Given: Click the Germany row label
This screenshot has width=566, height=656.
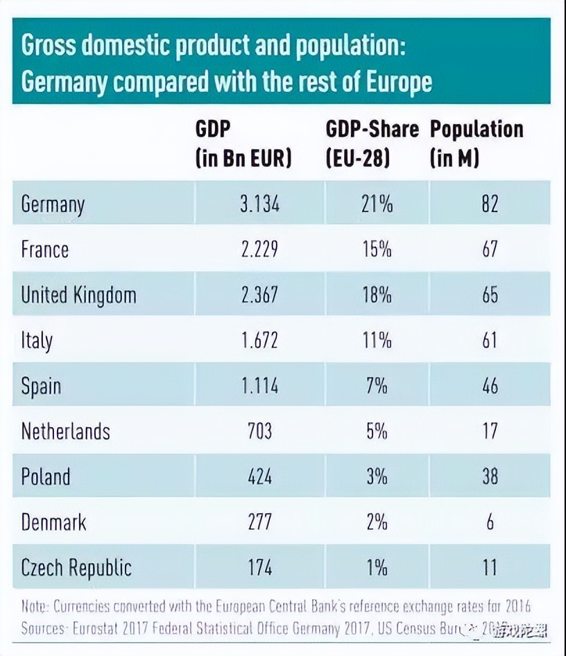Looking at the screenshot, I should click(x=53, y=205).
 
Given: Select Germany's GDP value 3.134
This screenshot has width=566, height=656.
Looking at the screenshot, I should click(x=259, y=205).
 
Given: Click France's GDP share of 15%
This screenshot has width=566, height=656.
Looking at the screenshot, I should click(x=377, y=250).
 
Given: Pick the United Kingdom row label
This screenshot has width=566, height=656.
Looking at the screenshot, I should click(x=78, y=295).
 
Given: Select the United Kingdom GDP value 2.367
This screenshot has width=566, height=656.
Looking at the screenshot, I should click(x=259, y=295).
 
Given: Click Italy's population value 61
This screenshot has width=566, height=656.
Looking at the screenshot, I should click(x=490, y=340).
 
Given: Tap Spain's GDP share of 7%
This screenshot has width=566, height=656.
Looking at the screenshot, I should click(x=377, y=386).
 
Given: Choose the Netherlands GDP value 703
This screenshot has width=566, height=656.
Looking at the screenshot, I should click(x=259, y=431).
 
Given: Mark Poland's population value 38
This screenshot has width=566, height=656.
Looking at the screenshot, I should click(x=490, y=476).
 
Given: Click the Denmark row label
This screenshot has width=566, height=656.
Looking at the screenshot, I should click(x=53, y=522).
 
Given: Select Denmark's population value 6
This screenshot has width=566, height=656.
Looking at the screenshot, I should click(x=490, y=522).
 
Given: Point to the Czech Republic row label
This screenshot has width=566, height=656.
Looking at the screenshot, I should click(x=76, y=568).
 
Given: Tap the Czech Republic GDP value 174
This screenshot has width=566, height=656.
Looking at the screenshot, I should click(x=259, y=567).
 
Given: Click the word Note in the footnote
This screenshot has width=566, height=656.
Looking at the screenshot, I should click(x=33, y=607).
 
